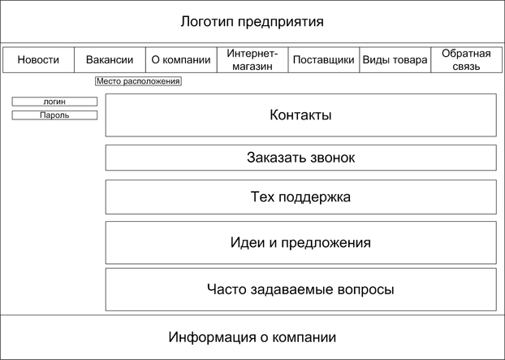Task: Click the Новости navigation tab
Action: click(38, 60)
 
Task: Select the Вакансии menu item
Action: click(110, 60)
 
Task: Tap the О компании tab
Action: click(181, 60)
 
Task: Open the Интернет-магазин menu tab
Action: click(252, 60)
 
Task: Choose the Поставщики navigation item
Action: click(323, 60)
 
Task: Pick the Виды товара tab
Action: click(395, 60)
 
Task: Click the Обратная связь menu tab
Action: click(466, 60)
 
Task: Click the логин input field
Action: click(54, 102)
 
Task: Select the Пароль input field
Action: click(54, 115)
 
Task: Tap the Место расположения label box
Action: click(138, 81)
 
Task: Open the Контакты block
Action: click(300, 115)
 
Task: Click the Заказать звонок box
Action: click(300, 158)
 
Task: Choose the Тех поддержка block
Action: click(300, 197)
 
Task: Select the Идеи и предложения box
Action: click(300, 243)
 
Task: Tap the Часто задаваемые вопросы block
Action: click(300, 289)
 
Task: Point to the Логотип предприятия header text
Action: click(252, 21)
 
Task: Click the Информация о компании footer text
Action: click(252, 337)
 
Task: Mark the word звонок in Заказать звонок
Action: click(330, 158)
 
